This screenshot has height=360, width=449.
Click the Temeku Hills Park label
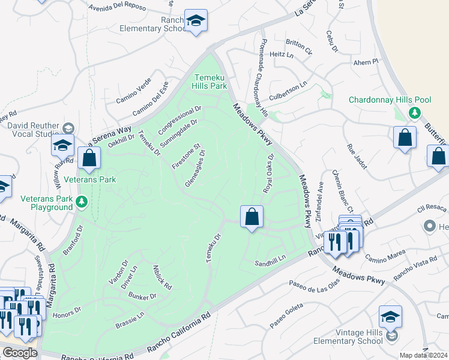[x=211, y=82]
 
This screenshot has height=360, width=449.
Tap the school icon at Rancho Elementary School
[x=196, y=21]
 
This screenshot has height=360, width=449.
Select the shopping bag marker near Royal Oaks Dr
[x=252, y=217]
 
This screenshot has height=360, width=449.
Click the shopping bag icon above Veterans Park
[x=89, y=159]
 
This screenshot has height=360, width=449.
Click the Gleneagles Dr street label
[x=195, y=169]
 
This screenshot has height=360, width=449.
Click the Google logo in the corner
[x=20, y=353]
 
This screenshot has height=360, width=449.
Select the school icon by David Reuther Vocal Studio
[x=62, y=145]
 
